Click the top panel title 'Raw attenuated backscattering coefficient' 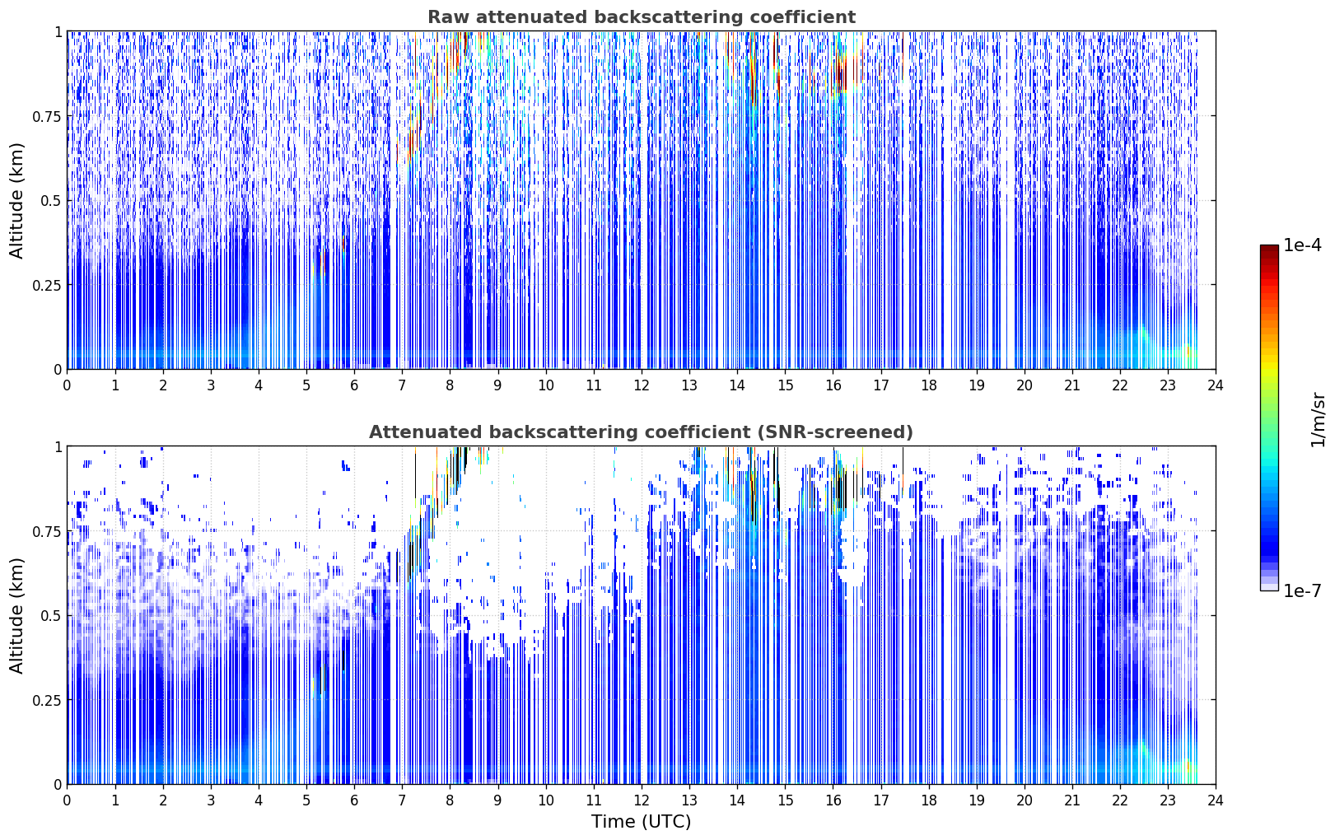pos(642,16)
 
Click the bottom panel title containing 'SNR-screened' pos(642,432)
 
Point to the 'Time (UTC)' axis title pos(642,822)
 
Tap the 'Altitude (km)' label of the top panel pos(16,201)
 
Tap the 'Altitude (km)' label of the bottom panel pos(16,616)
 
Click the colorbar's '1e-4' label pos(1302,245)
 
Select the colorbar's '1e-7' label pos(1302,591)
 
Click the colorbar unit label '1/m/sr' pos(1318,419)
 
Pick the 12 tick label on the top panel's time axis pos(642,385)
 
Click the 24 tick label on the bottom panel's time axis pos(1216,800)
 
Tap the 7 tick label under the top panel pos(402,385)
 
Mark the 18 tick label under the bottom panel pos(928,800)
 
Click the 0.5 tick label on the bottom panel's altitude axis pos(51,615)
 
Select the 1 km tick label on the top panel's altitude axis pos(58,32)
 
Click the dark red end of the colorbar pos(1269,250)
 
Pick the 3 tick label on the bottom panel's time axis pos(210,800)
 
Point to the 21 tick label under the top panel pos(1072,385)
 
